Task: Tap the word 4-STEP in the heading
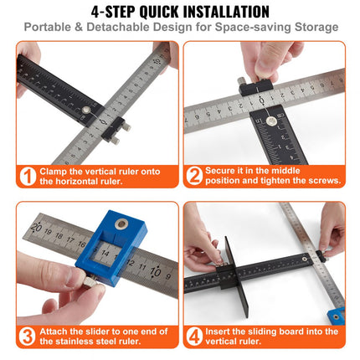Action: (115, 12)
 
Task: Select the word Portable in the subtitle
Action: (49, 28)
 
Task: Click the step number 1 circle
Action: (27, 177)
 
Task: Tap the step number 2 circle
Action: (194, 177)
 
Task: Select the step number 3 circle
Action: (27, 337)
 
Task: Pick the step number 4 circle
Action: (194, 337)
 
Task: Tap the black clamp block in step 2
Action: (252, 85)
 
